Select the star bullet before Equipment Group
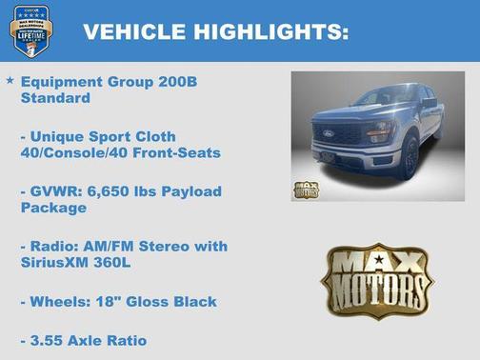10,81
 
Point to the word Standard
55,98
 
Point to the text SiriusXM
57,262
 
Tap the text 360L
122,262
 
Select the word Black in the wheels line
195,301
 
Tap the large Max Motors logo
376,279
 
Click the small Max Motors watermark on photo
306,188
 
